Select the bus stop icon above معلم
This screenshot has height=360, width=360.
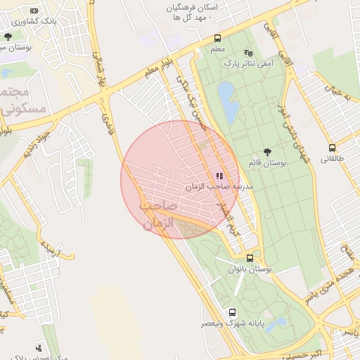217,39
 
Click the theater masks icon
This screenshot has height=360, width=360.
247,53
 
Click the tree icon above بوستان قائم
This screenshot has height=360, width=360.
267,152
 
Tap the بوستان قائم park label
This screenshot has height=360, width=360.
268,163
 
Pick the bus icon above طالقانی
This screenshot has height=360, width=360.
332,148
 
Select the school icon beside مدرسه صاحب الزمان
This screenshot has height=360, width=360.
219,176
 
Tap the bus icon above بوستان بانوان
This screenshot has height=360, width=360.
250,258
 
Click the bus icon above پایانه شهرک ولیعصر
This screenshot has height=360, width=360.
231,312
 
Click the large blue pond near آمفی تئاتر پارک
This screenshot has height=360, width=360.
227,102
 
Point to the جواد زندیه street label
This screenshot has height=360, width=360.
36,140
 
